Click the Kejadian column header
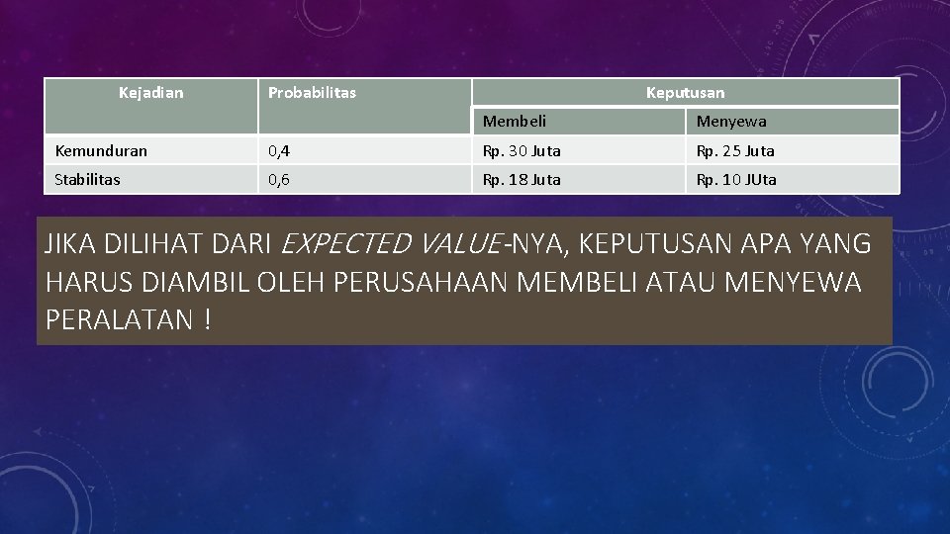coord(150,93)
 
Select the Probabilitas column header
coord(312,93)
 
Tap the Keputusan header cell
coord(685,93)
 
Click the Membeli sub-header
coord(515,122)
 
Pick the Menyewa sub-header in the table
coord(731,122)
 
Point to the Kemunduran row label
coord(101,151)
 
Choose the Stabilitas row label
coord(88,180)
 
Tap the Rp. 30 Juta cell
coord(522,151)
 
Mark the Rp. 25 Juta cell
coord(735,151)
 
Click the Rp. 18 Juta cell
coord(522,180)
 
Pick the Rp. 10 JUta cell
coord(736,180)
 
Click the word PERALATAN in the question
coord(118,320)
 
